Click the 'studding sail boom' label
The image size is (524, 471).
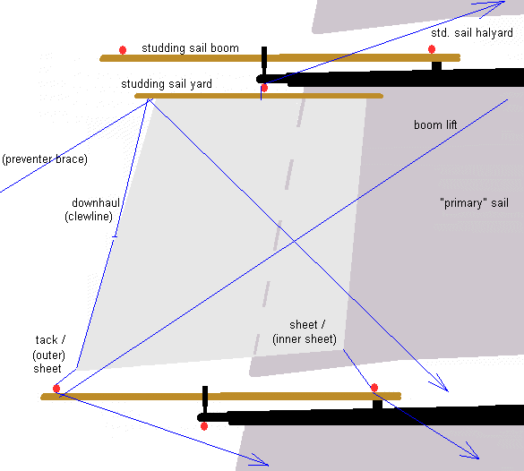click(190, 48)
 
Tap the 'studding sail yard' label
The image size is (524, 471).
click(167, 84)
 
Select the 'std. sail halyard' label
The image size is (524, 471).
click(471, 33)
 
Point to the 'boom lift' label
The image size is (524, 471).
click(435, 124)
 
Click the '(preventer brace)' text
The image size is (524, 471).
click(45, 159)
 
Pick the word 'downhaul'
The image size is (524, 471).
click(96, 202)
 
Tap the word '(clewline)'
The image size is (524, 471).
click(89, 217)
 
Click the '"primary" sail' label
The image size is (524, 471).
click(474, 203)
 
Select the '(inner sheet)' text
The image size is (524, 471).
click(305, 339)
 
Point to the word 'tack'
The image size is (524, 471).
click(47, 340)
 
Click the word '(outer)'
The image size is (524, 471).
click(48, 355)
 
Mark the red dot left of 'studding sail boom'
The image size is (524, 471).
click(123, 50)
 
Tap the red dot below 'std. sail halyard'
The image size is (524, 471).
click(432, 49)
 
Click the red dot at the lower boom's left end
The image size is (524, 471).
click(56, 389)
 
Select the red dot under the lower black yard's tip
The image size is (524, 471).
click(204, 426)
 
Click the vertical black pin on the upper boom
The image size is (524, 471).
click(264, 62)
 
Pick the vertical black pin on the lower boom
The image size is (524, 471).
click(205, 400)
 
